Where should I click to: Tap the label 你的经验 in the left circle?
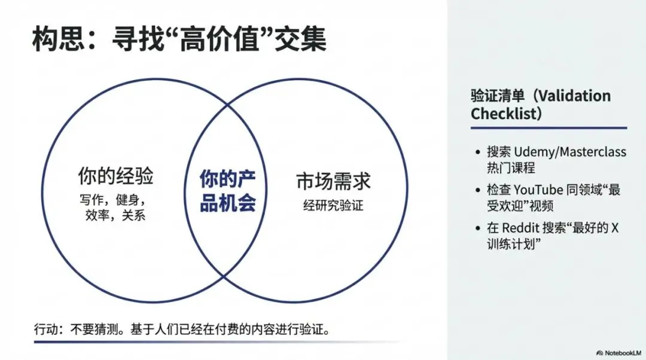pos(115,176)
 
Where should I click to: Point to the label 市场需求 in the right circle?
pos(333,181)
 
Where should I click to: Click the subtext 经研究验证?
pos(333,206)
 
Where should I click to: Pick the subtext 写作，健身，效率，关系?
pos(115,206)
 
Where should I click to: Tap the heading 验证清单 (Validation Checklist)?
pos(541,105)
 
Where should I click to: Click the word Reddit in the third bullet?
pos(522,228)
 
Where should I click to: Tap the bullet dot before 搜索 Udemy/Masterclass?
pos(476,152)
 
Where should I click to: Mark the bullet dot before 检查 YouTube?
pos(476,191)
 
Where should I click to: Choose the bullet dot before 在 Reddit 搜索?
pos(476,228)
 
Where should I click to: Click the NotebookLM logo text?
pos(619,352)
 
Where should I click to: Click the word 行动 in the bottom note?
pos(46,330)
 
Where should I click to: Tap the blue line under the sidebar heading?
pos(549,127)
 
